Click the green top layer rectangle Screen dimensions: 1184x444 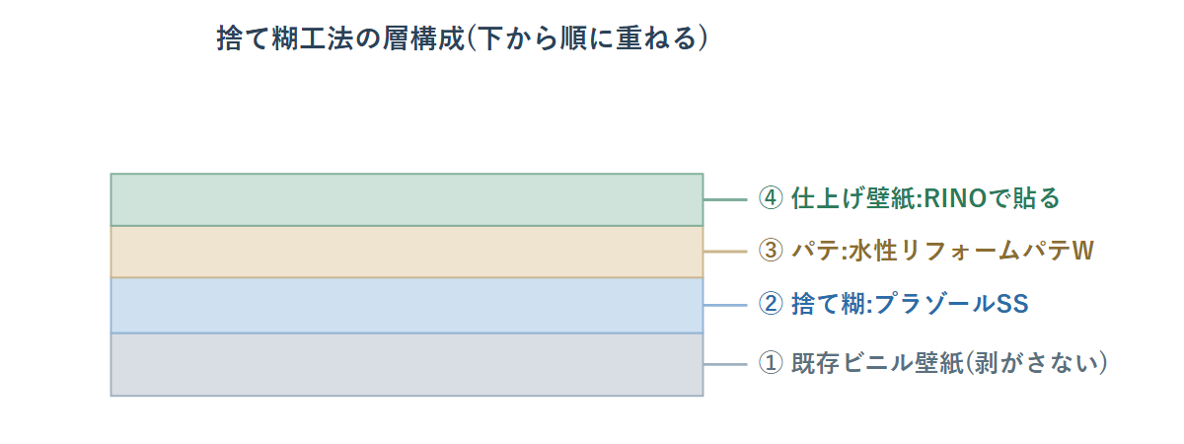[407, 199]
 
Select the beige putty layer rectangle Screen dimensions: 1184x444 [407, 253]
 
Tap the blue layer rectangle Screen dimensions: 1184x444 [407, 306]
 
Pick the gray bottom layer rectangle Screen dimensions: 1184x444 [407, 365]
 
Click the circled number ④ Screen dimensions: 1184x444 [771, 198]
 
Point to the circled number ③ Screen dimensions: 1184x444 [771, 251]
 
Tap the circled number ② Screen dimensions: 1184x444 [771, 304]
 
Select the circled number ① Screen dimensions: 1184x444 [771, 363]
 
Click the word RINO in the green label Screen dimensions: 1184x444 [956, 198]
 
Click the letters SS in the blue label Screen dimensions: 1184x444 [1012, 304]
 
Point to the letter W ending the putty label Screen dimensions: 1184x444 [1082, 251]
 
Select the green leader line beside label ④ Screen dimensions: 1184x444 [725, 199]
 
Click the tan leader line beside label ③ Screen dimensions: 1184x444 [725, 252]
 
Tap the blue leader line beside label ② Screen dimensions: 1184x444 [725, 305]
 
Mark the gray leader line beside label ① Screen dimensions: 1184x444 [725, 364]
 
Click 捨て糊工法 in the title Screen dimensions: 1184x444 [285, 38]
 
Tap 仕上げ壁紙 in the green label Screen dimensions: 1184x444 [854, 198]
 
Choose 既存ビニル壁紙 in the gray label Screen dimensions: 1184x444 [877, 363]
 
